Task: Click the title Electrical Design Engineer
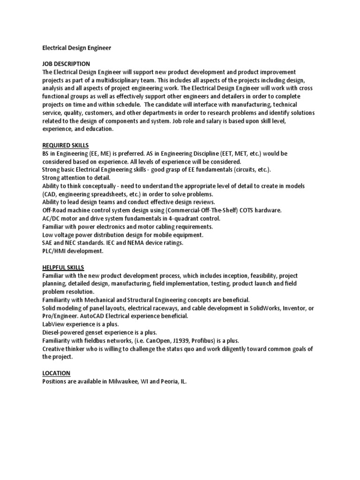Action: pos(77,48)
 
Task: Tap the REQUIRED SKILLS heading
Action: pos(66,145)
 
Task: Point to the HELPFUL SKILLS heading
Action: pos(63,267)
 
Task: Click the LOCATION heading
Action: pos(56,373)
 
